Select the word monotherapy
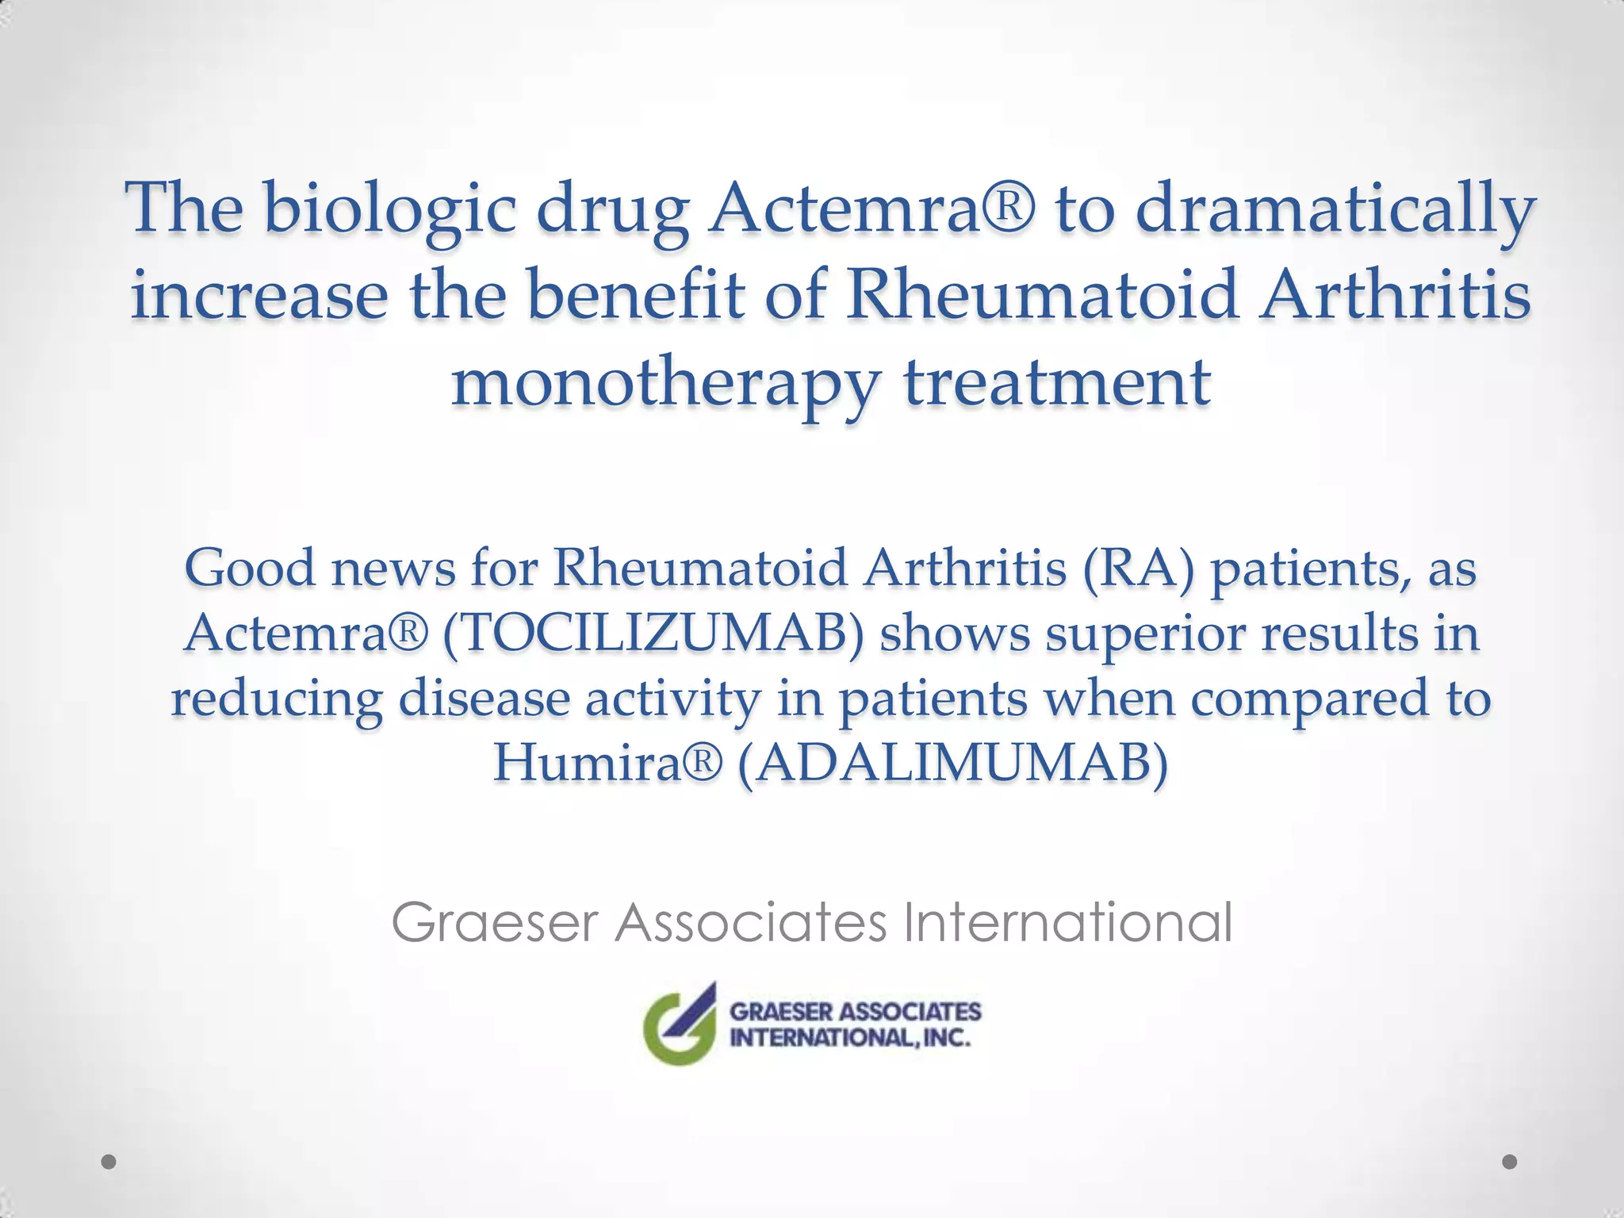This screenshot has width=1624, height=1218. [665, 383]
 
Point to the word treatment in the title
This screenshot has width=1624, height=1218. [1057, 381]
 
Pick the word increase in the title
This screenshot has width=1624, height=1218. [259, 294]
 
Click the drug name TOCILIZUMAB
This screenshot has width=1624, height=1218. [653, 634]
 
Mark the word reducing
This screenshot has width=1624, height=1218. [277, 699]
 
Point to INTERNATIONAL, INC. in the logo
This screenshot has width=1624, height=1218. [850, 1038]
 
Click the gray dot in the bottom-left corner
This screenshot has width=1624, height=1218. [109, 1162]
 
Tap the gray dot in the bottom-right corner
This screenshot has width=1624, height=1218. [1510, 1162]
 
